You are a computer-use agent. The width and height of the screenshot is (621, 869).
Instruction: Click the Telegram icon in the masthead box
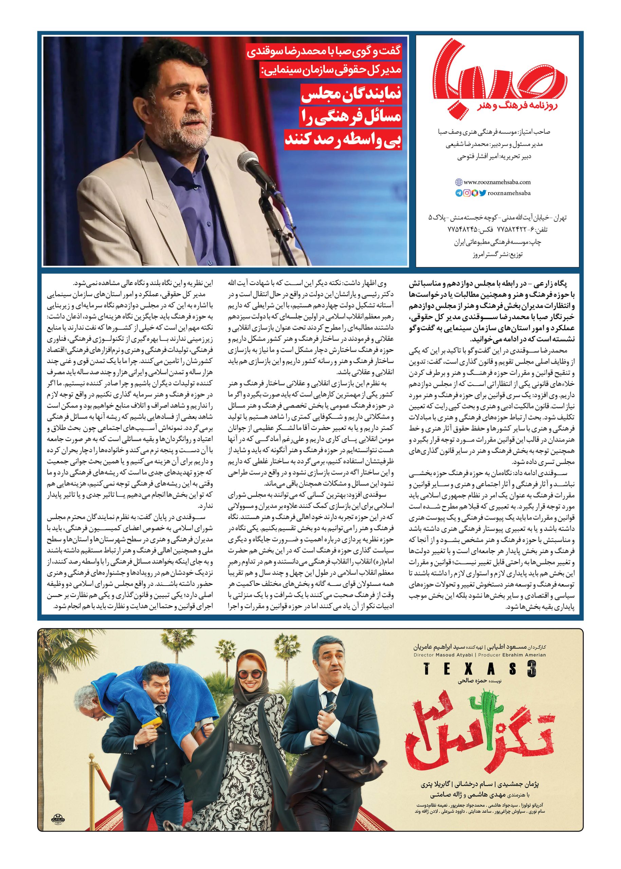coord(458,193)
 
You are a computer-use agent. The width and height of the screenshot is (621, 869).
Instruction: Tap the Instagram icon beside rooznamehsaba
coord(467,193)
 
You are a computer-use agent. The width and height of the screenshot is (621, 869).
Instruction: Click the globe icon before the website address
coord(458,182)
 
